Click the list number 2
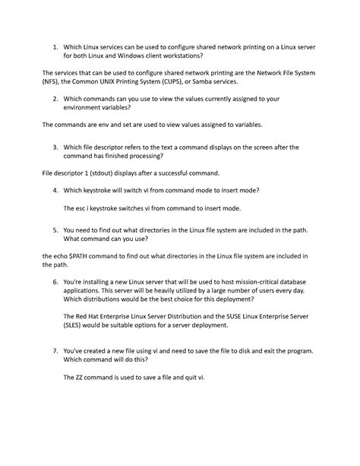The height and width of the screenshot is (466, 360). click(55, 98)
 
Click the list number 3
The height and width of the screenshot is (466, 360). click(55, 147)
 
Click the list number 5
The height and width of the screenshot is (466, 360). click(55, 229)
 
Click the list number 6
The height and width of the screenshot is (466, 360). click(55, 281)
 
